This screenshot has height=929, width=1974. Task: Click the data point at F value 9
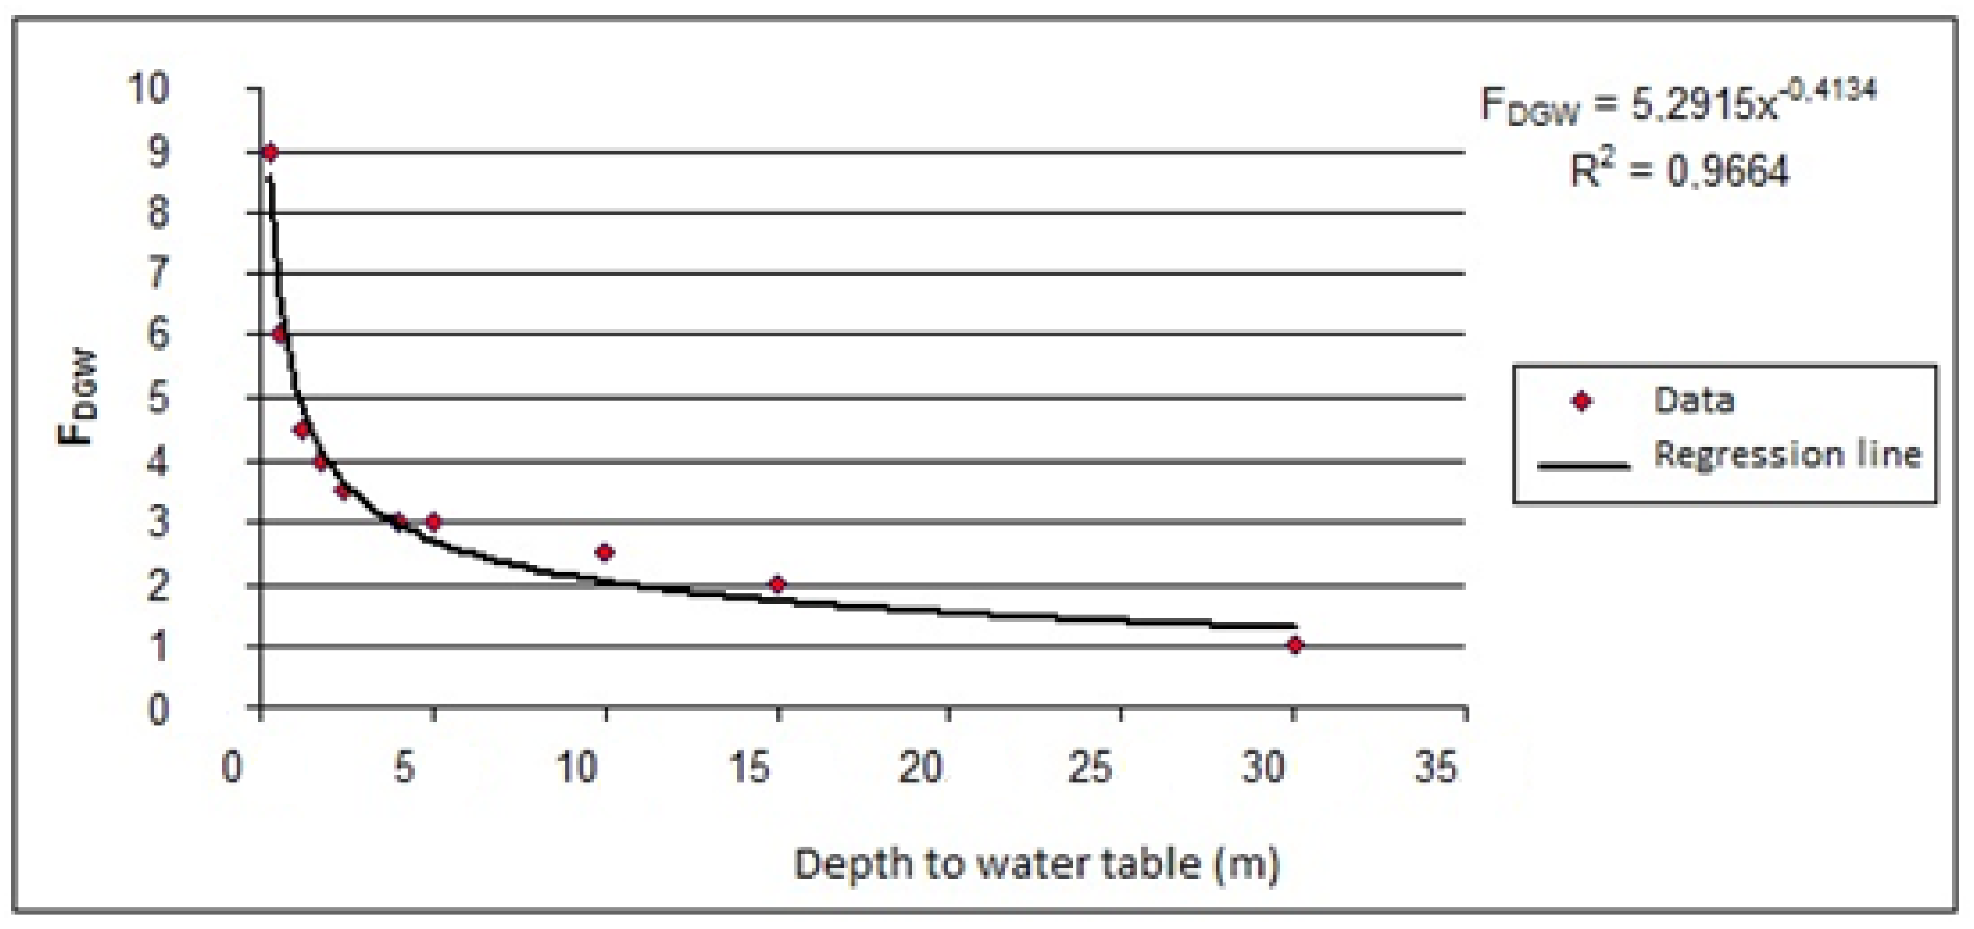(269, 152)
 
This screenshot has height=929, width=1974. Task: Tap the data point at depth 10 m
(605, 552)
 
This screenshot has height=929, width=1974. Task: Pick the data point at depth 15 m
(777, 584)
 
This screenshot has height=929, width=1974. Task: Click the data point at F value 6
(279, 334)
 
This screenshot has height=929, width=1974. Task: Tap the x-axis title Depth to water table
(1036, 864)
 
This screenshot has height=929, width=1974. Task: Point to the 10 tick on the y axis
(147, 89)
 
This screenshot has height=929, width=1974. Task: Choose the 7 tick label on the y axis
(157, 274)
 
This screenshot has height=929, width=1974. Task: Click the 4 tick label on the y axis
(157, 462)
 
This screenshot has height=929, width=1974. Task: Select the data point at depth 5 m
(433, 522)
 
